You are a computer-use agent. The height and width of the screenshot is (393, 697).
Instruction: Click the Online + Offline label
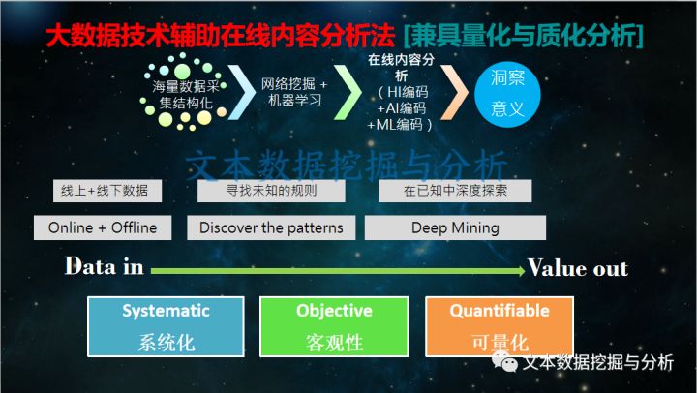[x=103, y=228]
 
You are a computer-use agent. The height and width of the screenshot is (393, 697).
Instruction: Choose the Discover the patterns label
[x=271, y=228]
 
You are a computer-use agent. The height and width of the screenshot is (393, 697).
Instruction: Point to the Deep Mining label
[x=455, y=228]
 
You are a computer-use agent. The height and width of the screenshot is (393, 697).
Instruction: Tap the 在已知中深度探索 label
[x=455, y=191]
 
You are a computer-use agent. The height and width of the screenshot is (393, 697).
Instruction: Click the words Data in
[x=104, y=267]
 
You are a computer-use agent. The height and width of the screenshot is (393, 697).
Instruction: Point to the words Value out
[x=578, y=268]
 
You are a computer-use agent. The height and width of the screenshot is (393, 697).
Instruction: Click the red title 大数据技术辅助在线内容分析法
[x=222, y=38]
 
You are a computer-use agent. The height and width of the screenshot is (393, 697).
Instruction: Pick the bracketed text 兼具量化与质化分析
[x=527, y=38]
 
